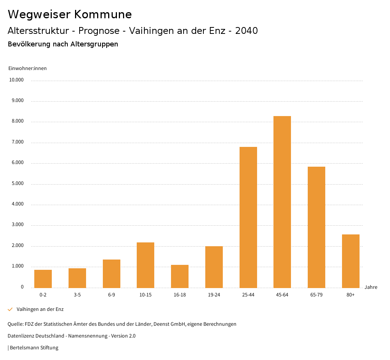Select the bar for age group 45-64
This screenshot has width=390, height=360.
[282, 202]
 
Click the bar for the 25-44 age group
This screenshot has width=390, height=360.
[248, 217]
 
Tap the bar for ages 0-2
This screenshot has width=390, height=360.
[43, 279]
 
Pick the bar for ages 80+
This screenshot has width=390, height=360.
[350, 261]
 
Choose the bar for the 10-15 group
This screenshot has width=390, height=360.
[145, 265]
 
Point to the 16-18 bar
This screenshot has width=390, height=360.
[180, 276]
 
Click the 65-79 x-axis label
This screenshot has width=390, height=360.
[316, 295]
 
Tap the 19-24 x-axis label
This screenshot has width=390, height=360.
[214, 295]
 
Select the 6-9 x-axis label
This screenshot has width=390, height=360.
[112, 295]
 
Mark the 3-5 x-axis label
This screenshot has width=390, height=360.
[77, 295]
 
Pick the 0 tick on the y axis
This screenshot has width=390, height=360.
[22, 287]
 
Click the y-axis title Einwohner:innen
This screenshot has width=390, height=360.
[27, 68]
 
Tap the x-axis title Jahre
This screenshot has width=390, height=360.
[371, 287]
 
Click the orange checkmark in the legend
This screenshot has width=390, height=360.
[10, 309]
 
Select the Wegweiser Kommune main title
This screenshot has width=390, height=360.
[70, 14]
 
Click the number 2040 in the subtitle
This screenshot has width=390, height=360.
[246, 31]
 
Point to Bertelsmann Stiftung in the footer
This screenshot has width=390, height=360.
[34, 348]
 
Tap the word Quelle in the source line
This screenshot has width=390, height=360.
[15, 324]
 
